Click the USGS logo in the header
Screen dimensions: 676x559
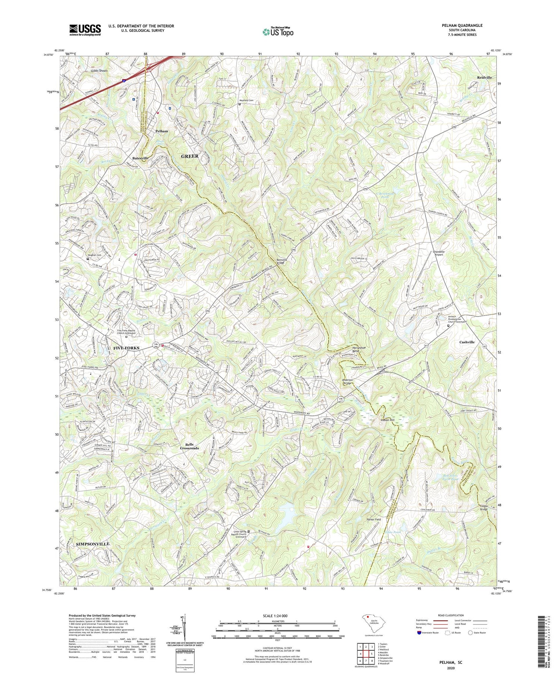click(85, 30)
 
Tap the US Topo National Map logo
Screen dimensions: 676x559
click(277, 32)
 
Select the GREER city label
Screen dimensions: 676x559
click(190, 156)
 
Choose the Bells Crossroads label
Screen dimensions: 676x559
click(190, 446)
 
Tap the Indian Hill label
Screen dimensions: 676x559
click(387, 420)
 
